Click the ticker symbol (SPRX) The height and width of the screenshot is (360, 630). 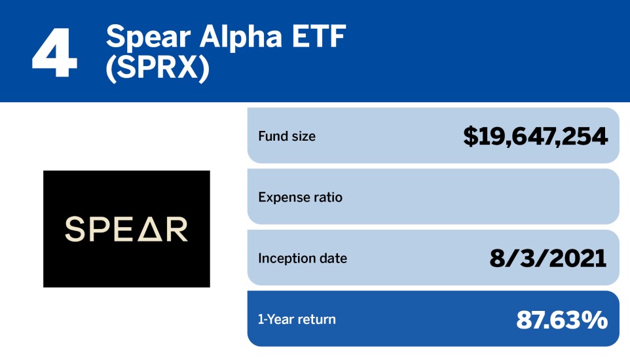pyautogui.click(x=157, y=70)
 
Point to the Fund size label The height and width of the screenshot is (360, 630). pyautogui.click(x=287, y=136)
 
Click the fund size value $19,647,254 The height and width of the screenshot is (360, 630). pyautogui.click(x=535, y=136)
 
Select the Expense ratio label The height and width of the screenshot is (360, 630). pyautogui.click(x=300, y=197)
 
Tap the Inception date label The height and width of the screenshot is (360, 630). pyautogui.click(x=303, y=258)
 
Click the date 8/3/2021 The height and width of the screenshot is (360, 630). pyautogui.click(x=548, y=258)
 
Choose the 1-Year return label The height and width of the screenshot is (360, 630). pyautogui.click(x=297, y=319)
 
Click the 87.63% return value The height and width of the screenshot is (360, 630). pyautogui.click(x=562, y=319)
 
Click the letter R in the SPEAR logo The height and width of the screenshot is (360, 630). pyautogui.click(x=177, y=229)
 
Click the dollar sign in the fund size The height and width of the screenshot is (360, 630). pyautogui.click(x=470, y=136)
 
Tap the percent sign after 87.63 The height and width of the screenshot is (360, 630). pyautogui.click(x=595, y=319)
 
